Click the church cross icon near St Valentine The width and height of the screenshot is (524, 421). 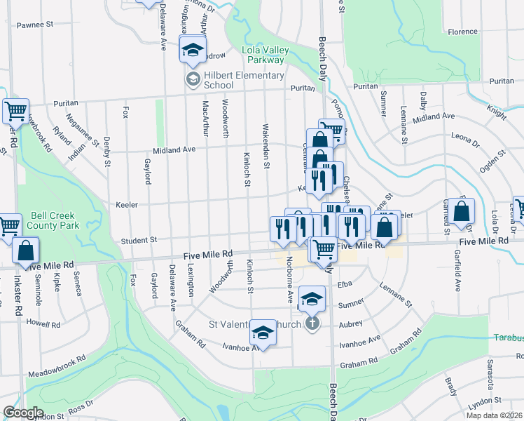pyautogui.click(x=312, y=323)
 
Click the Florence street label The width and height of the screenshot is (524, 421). pyautogui.click(x=462, y=32)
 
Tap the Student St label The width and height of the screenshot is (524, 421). pyautogui.click(x=139, y=240)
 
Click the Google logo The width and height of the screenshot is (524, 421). pyautogui.click(x=23, y=413)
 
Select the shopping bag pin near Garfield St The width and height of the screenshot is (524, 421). pyautogui.click(x=463, y=210)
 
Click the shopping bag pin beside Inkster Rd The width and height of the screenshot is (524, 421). pyautogui.click(x=26, y=250)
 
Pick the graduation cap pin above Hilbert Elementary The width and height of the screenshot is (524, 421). pyautogui.click(x=192, y=50)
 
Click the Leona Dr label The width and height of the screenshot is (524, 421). pyautogui.click(x=466, y=136)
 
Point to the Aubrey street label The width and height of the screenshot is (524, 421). pyautogui.click(x=351, y=323)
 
